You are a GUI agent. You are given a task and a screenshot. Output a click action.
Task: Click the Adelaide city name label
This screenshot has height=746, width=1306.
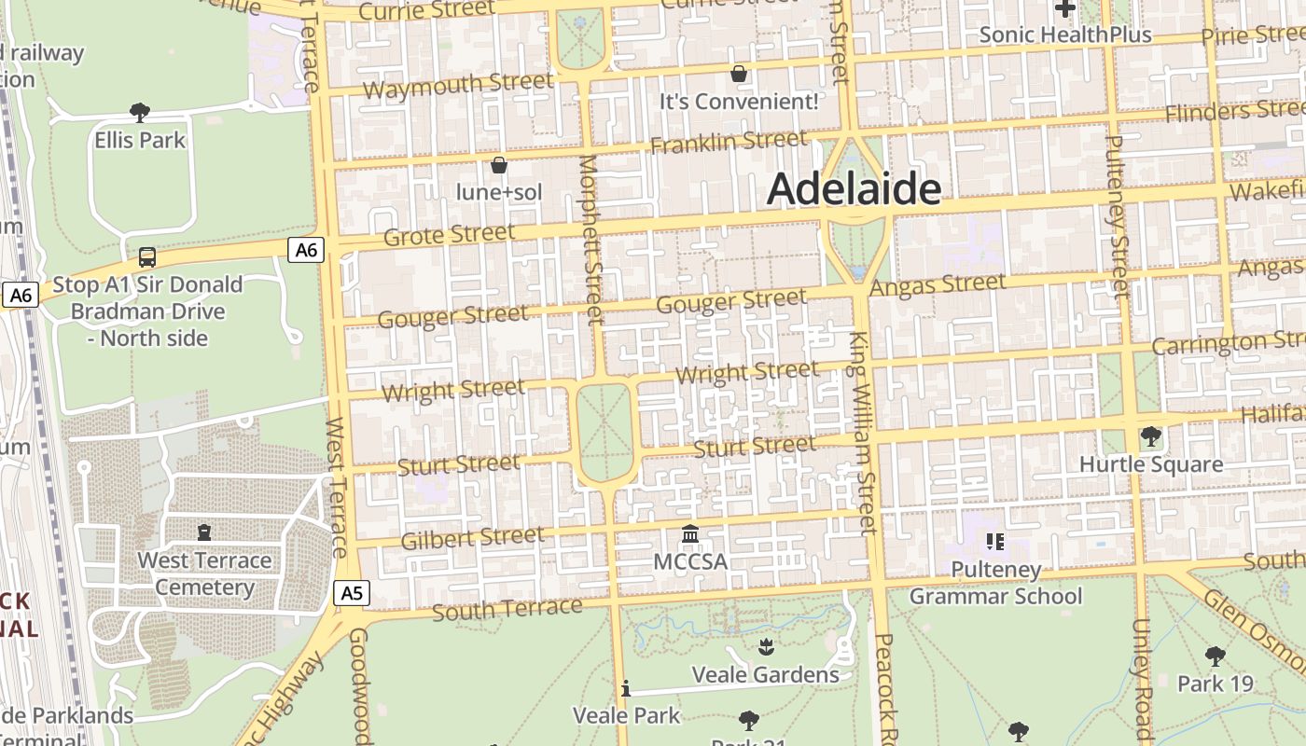coord(854,189)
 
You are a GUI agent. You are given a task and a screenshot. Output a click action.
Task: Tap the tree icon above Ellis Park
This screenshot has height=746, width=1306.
coord(140,113)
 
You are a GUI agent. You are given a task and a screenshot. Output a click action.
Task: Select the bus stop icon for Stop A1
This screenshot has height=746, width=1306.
coord(146,256)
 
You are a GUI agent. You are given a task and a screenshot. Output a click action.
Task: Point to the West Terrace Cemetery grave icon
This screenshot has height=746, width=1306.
coord(204,532)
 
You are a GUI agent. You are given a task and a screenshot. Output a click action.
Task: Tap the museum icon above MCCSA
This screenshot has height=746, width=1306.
coord(690,534)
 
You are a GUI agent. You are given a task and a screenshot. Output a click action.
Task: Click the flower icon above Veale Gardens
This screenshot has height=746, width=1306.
coord(766,646)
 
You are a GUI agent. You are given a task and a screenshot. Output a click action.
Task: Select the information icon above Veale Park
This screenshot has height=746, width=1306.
coord(626,689)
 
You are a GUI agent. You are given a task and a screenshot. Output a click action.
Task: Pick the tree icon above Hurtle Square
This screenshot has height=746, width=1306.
coord(1150,435)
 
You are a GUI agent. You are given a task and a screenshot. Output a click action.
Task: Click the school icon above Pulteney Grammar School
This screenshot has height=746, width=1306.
coord(994,541)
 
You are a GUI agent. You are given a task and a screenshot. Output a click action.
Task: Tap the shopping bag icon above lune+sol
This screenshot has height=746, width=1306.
coord(499,165)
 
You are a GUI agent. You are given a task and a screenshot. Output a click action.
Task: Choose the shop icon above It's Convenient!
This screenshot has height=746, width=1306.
coord(739,74)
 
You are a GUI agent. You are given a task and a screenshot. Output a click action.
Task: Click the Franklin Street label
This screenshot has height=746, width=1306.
coord(729,143)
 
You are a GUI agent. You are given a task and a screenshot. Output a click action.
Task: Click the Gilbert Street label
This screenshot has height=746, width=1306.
coord(472,538)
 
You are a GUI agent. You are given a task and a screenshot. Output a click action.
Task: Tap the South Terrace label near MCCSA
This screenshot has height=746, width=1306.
coord(507,610)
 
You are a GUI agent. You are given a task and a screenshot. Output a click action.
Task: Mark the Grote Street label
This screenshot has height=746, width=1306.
coord(449,234)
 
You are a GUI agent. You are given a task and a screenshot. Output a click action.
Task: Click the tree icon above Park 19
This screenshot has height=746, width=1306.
coord(1215,656)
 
